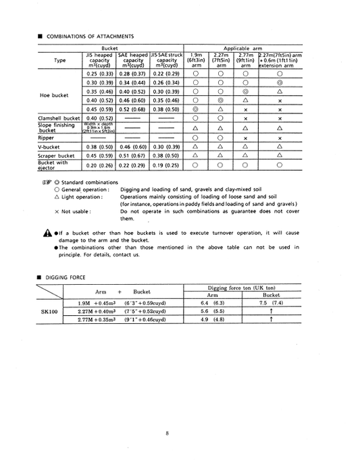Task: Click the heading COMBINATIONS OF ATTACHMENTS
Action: (89, 36)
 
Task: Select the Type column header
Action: (59, 59)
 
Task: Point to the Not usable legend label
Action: (74, 211)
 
